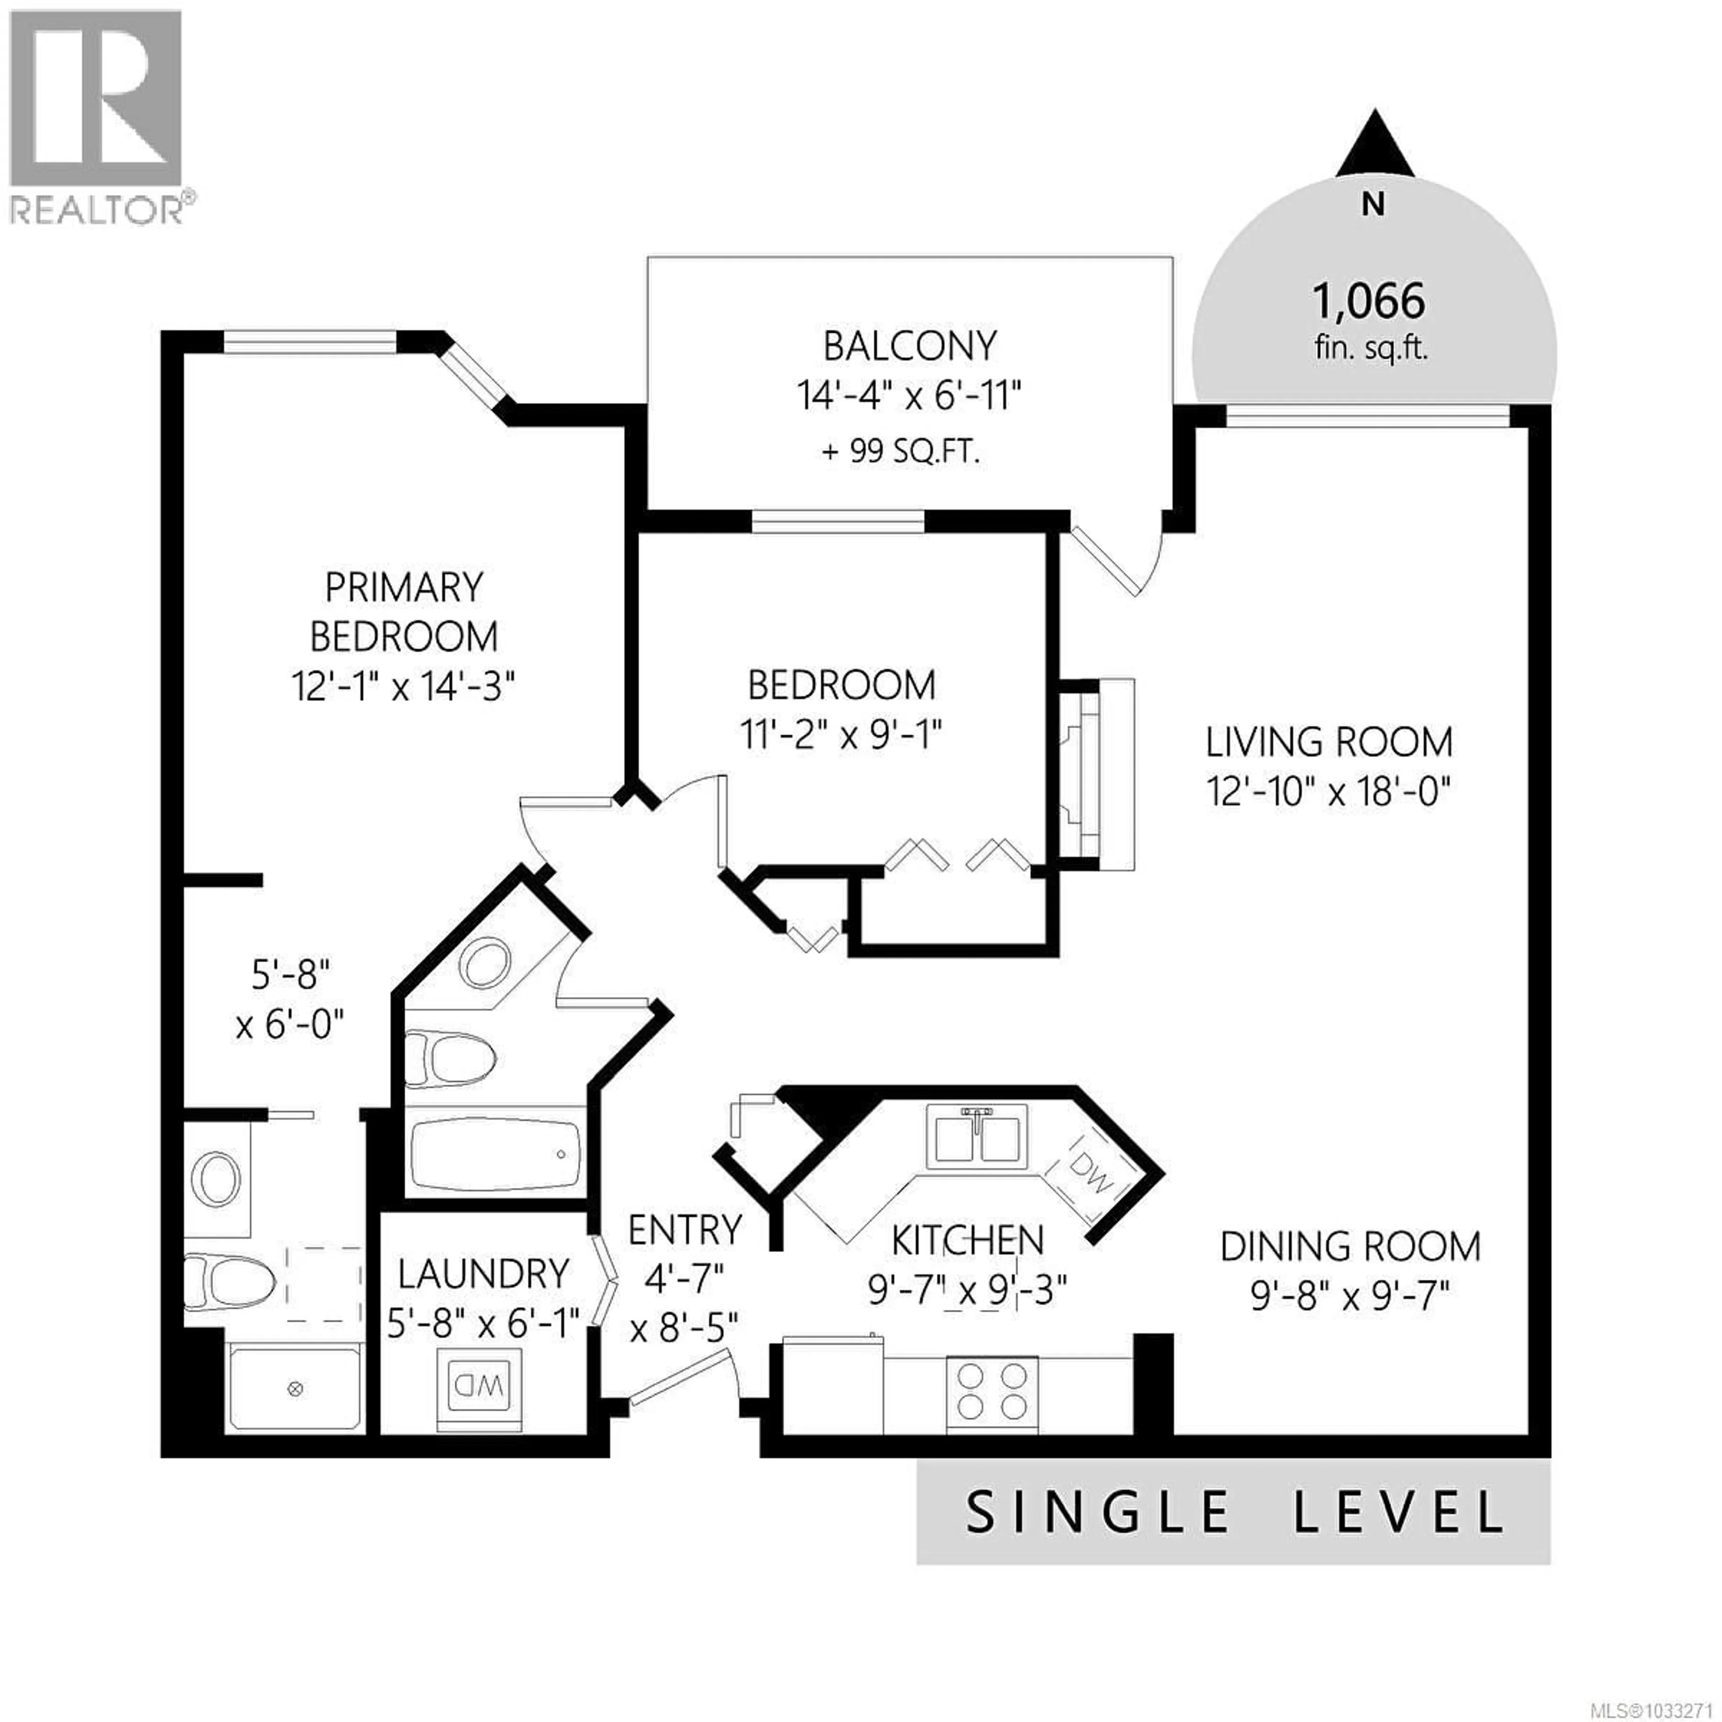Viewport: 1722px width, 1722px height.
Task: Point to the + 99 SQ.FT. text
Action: (900, 452)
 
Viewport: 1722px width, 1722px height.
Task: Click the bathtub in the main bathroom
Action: (496, 1155)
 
